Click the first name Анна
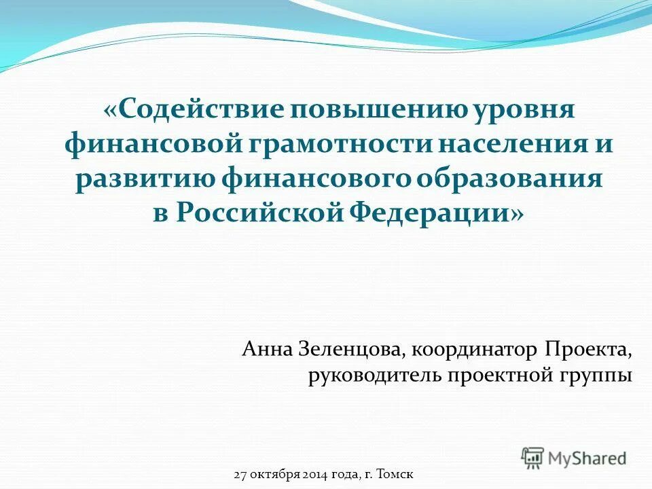tap(266, 350)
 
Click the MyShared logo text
tap(587, 458)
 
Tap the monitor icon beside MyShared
tap(532, 457)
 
